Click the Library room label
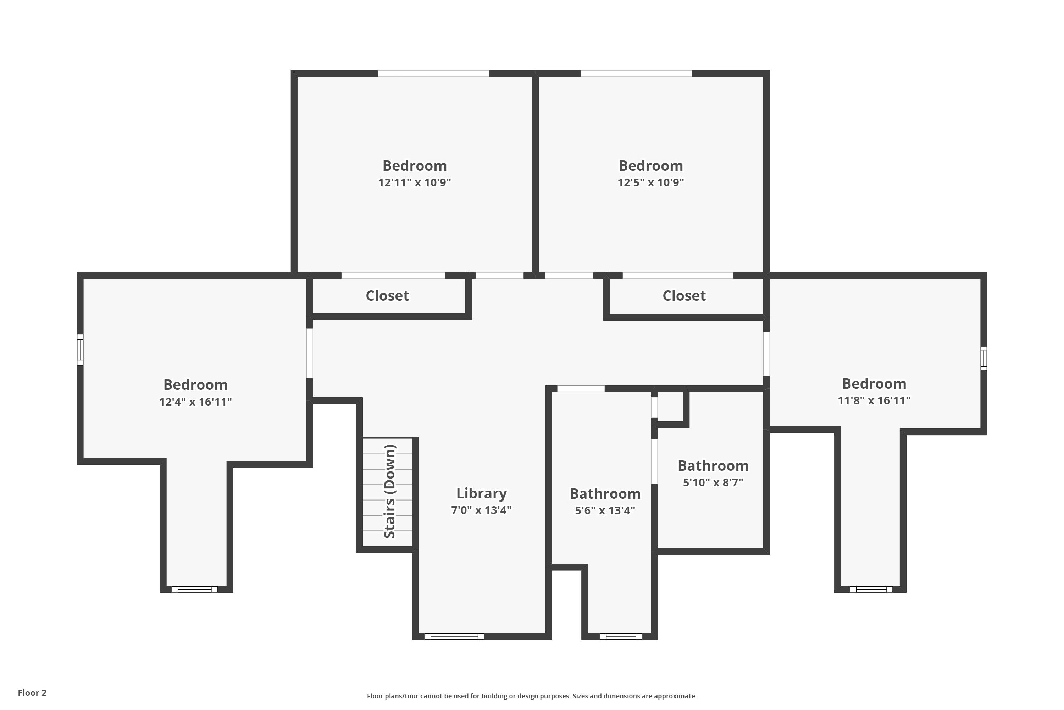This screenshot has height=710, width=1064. click(x=481, y=493)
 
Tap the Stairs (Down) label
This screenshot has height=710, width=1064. click(x=389, y=491)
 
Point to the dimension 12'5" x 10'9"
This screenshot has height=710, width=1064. click(x=651, y=182)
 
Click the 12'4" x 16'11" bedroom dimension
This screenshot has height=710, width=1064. click(x=195, y=402)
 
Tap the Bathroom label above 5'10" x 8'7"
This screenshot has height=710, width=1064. click(x=713, y=465)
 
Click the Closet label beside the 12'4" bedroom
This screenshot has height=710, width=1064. click(x=387, y=296)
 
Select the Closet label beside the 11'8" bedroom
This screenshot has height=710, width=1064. click(x=684, y=296)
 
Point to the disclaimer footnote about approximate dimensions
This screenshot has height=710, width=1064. click(x=532, y=696)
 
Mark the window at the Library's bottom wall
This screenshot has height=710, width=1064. click(x=454, y=636)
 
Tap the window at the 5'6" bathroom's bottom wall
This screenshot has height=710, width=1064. click(x=621, y=636)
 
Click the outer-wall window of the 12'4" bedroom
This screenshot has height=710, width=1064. click(x=80, y=350)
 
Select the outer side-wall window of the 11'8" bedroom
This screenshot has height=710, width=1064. click(x=983, y=359)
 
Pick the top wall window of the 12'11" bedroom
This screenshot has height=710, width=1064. click(x=433, y=73)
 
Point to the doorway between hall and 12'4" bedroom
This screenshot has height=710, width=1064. click(x=309, y=353)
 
